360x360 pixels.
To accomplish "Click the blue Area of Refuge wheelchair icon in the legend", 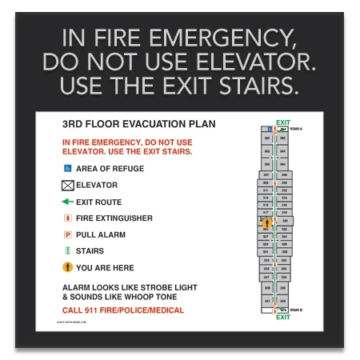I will (67, 169).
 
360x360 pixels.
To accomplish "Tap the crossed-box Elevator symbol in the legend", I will (67, 186).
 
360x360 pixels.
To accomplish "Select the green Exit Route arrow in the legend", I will (67, 202).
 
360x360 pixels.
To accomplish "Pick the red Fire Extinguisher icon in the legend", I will (67, 218).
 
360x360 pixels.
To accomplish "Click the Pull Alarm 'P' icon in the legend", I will (67, 235).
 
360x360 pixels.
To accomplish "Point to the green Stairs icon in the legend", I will (67, 251).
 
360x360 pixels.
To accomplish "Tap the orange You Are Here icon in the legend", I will (67, 268).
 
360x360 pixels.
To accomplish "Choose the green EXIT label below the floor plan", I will (282, 318).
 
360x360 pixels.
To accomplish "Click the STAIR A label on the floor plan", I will (296, 129).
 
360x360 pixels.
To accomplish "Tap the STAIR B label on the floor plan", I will (296, 310).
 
